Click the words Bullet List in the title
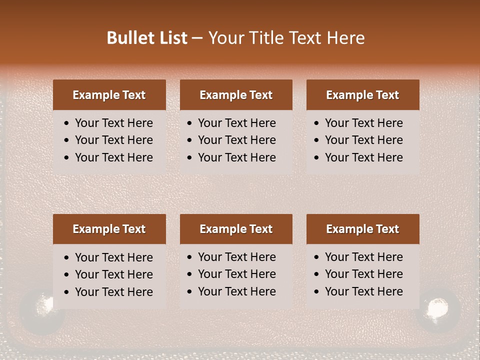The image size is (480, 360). tap(147, 38)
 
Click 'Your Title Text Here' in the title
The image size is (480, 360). tap(286, 38)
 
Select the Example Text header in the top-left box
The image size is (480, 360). tap(109, 95)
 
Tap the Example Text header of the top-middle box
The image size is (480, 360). tap(236, 95)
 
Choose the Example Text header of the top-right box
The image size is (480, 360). tap(362, 95)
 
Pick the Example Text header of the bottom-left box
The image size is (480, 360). tap(109, 229)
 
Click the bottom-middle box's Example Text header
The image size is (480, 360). tap(236, 229)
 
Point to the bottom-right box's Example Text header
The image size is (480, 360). tap(362, 229)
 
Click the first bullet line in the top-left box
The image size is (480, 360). tap(113, 123)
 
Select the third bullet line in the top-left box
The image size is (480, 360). tap(113, 157)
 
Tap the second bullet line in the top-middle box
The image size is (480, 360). tap(236, 140)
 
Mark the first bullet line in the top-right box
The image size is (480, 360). tap(363, 123)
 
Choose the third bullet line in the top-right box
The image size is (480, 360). tap(363, 157)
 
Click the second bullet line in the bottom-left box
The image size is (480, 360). tap(113, 274)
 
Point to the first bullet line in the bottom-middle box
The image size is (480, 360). tap(236, 257)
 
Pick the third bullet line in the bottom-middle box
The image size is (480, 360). tap(236, 291)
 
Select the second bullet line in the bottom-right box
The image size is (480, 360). tap(363, 274)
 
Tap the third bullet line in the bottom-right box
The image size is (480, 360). tap(363, 291)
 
